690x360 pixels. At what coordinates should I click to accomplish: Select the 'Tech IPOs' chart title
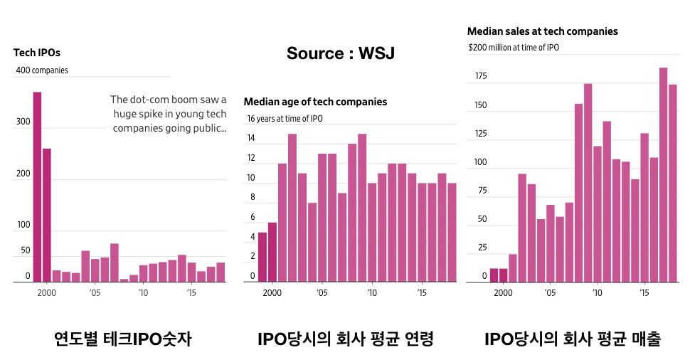click(37, 52)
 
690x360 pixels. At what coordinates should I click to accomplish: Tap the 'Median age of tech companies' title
click(315, 102)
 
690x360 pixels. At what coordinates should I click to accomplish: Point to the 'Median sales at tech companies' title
click(542, 31)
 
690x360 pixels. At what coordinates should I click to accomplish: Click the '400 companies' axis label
click(42, 70)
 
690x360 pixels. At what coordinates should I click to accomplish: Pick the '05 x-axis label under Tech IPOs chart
click(95, 292)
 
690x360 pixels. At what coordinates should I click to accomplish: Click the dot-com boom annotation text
click(169, 114)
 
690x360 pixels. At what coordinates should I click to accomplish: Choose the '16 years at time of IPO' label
click(285, 118)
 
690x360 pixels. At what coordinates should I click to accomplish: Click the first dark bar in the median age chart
click(262, 257)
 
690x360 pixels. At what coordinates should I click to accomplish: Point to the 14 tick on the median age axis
click(251, 138)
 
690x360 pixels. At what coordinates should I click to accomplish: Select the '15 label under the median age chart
click(422, 292)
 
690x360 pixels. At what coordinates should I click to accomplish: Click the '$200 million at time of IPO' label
click(514, 47)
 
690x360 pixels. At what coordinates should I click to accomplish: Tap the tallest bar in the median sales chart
click(663, 174)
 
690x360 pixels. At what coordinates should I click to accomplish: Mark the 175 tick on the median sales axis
click(480, 76)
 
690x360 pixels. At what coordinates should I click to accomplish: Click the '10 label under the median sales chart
click(597, 292)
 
